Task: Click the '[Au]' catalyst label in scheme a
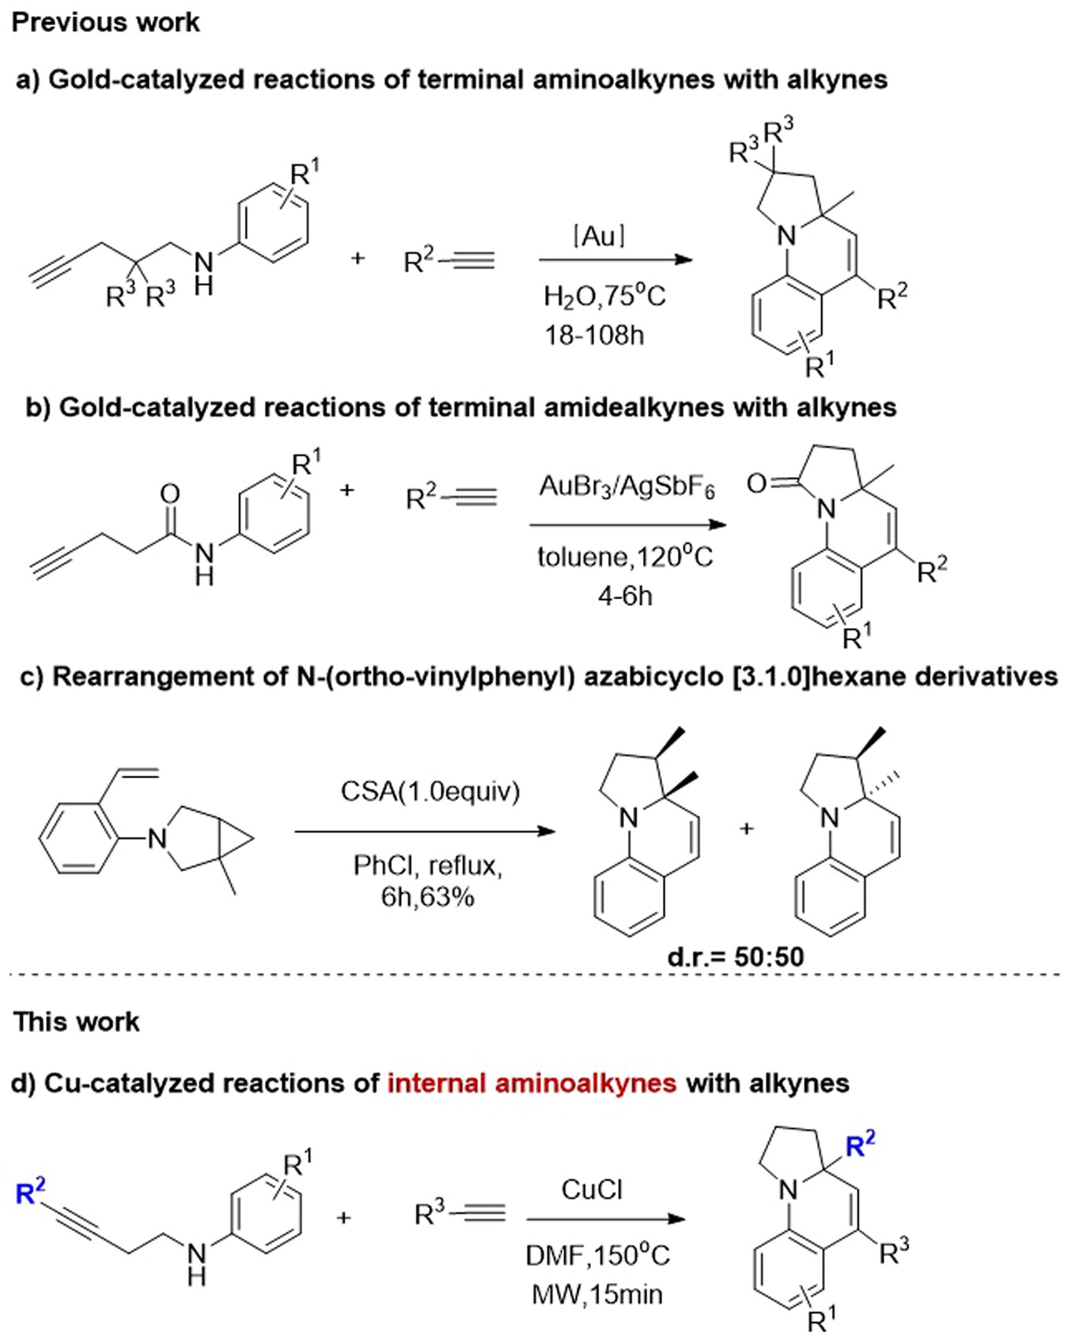click(599, 236)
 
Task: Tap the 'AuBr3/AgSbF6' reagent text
click(627, 486)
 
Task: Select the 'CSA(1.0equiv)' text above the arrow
click(430, 791)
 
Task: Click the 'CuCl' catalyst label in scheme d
click(592, 1189)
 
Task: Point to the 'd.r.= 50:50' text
click(736, 957)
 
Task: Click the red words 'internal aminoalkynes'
click(532, 1083)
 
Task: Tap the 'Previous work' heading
click(106, 22)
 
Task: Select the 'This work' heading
click(77, 1022)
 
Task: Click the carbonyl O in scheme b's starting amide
click(170, 494)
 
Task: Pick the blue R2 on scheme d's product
click(861, 1145)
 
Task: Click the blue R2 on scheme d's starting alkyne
click(31, 1190)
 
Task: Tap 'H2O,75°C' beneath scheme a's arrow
click(604, 297)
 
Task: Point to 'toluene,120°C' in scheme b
click(625, 558)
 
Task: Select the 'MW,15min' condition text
click(597, 1295)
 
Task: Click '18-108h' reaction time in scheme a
click(593, 335)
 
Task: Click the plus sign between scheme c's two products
click(747, 828)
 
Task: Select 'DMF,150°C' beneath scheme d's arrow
click(597, 1255)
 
